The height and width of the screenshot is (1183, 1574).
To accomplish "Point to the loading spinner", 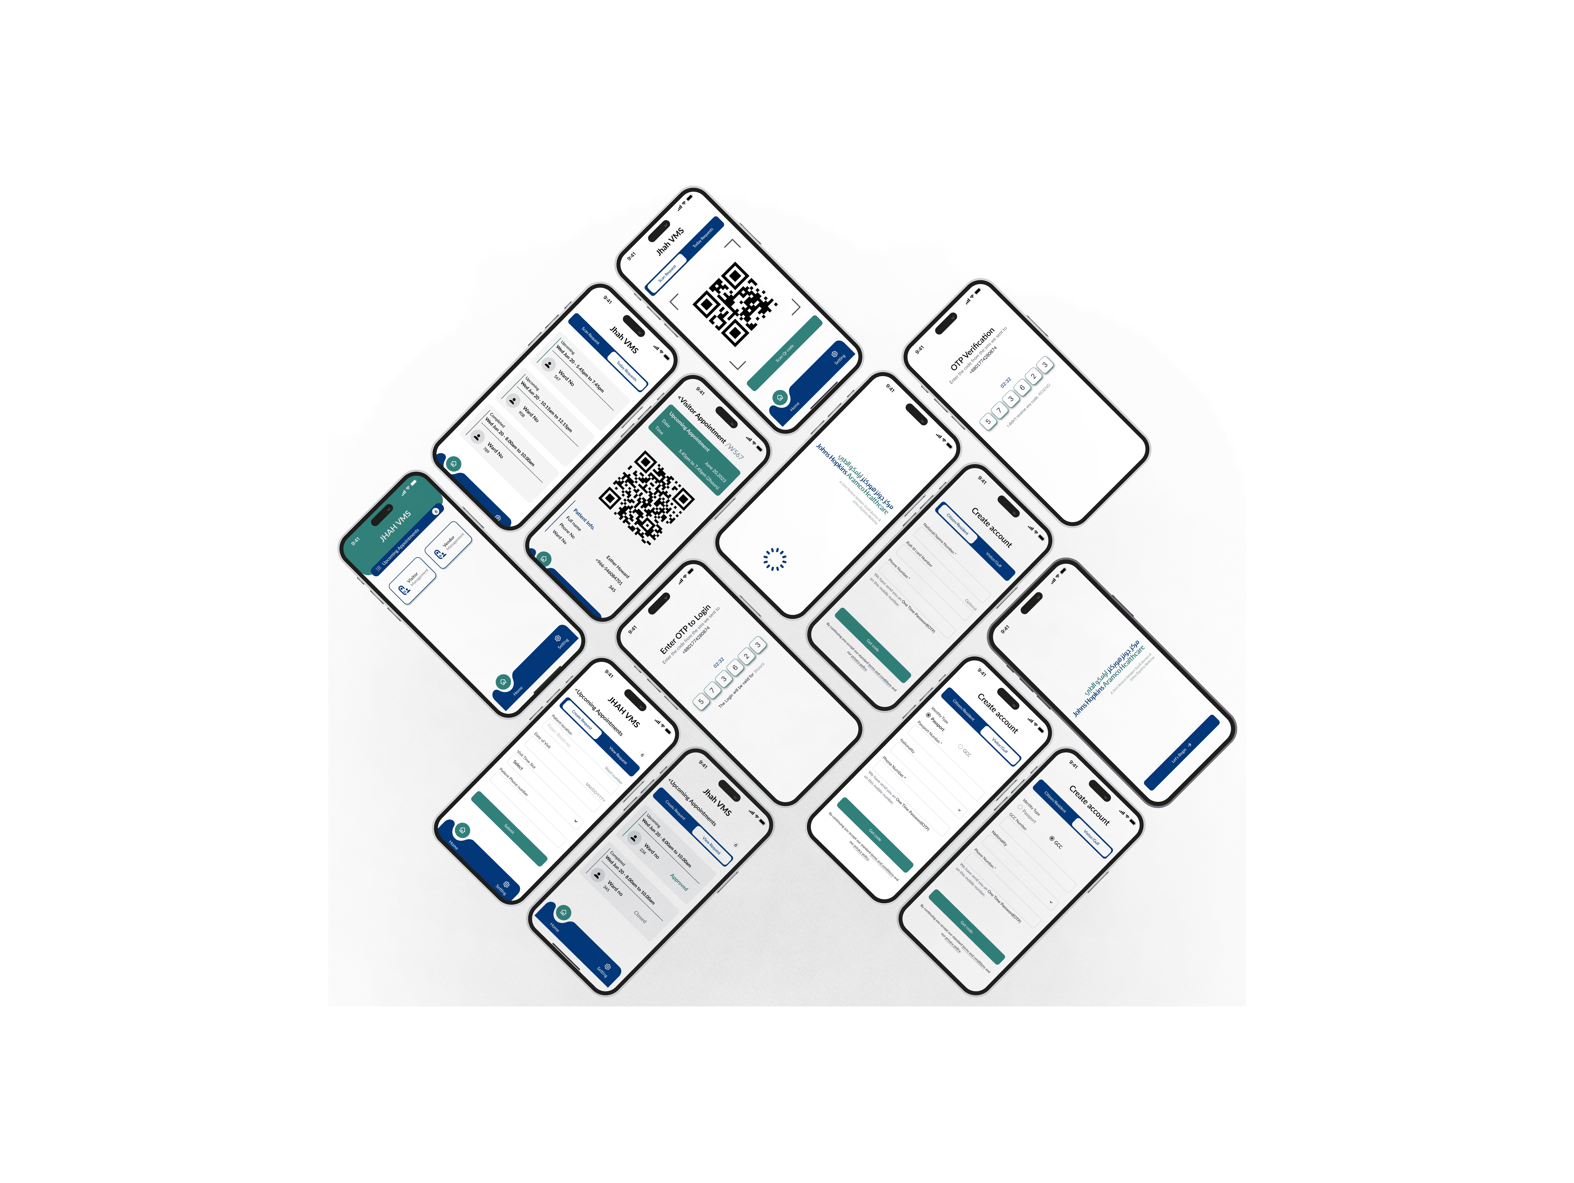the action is tap(775, 559).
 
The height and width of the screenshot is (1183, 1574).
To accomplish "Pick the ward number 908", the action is tap(522, 414).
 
